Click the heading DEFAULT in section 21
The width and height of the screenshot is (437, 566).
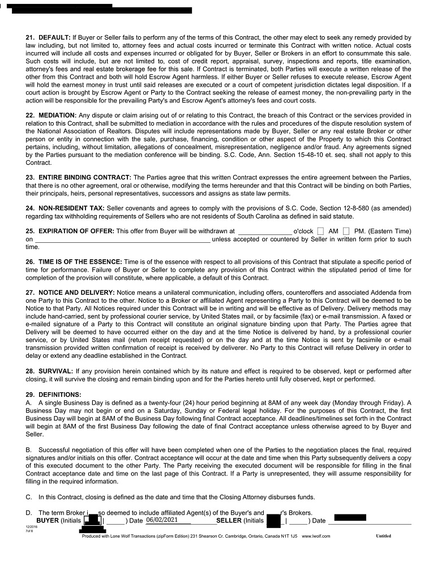[54, 37]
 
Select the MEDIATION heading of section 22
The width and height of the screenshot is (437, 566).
[58, 115]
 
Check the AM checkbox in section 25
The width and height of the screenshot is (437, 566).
[321, 231]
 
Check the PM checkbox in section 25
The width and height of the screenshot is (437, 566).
[346, 231]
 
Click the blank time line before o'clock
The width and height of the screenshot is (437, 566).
[264, 231]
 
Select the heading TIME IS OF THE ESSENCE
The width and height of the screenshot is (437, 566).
[80, 262]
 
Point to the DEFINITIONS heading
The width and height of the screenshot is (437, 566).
[60, 394]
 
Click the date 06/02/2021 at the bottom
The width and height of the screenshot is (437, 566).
[162, 520]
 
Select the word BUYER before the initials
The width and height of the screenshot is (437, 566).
[47, 520]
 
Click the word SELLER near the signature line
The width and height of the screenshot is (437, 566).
[229, 520]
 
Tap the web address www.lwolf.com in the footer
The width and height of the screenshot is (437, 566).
[316, 536]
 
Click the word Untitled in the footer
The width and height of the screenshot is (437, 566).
[383, 536]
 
